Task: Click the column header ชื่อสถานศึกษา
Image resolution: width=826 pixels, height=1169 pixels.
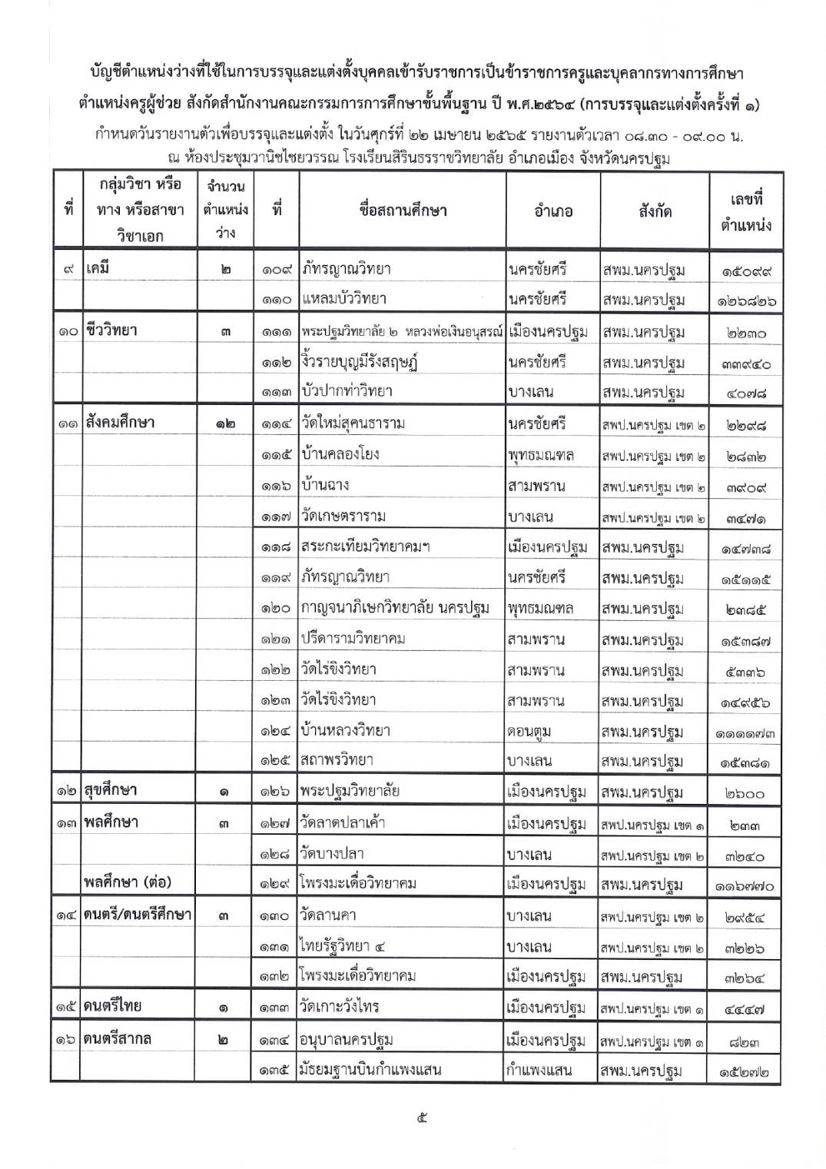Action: (x=402, y=210)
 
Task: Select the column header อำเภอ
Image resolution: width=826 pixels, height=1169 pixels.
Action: (x=552, y=211)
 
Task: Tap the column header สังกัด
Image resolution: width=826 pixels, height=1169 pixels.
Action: (x=654, y=211)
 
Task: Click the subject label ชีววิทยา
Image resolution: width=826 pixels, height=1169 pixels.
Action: (x=111, y=330)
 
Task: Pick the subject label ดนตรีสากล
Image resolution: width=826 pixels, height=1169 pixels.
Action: (x=118, y=1038)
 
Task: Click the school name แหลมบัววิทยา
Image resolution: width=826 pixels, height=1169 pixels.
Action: (x=343, y=299)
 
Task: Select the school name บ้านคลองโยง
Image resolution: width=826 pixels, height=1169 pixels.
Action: (x=340, y=454)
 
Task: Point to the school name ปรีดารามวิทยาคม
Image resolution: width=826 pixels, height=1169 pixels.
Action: (x=353, y=639)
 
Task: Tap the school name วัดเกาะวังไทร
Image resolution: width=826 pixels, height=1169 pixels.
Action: (x=340, y=1007)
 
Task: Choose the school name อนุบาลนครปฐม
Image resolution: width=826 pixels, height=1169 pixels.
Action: (x=347, y=1040)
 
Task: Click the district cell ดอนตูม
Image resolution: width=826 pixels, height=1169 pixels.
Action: (x=529, y=731)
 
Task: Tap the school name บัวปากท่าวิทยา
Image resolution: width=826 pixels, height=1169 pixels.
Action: (x=347, y=391)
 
